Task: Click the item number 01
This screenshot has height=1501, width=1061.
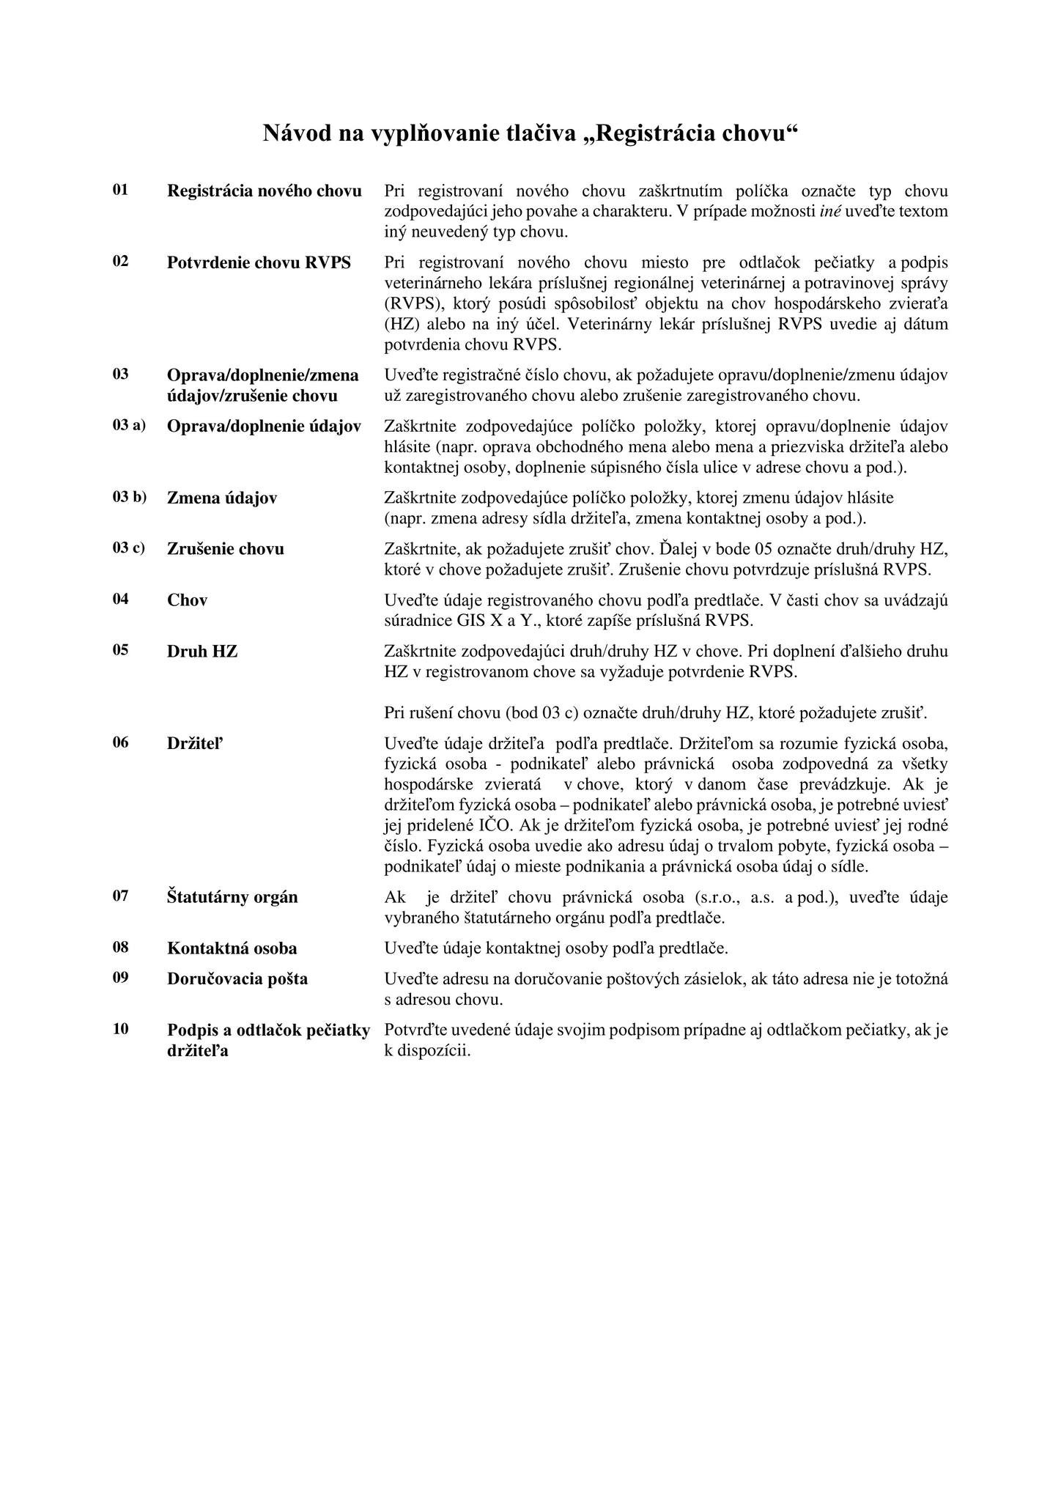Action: (x=121, y=190)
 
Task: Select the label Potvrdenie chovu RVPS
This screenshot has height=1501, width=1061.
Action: (x=259, y=262)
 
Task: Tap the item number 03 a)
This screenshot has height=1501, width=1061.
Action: (x=129, y=425)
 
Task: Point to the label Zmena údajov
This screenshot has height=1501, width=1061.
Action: (x=222, y=498)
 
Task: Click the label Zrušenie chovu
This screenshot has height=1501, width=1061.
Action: (x=226, y=549)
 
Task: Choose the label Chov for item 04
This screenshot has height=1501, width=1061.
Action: (x=188, y=600)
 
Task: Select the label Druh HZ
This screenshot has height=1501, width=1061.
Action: (x=202, y=651)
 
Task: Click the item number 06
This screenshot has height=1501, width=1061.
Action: (x=121, y=742)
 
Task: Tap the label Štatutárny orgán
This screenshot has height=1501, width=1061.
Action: (x=232, y=897)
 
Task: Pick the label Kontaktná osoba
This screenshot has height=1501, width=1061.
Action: (x=232, y=948)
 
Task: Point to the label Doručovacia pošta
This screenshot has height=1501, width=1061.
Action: (x=237, y=979)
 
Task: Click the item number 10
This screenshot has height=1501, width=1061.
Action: (x=121, y=1029)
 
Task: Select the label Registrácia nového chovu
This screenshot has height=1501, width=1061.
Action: (x=265, y=191)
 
